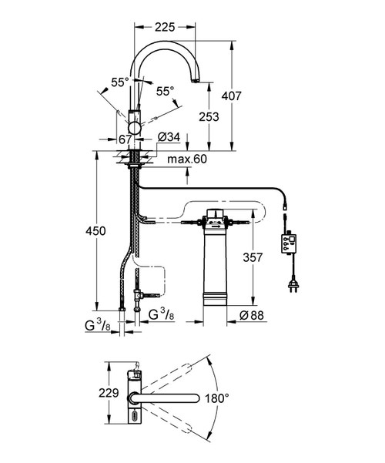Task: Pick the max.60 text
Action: click(x=186, y=159)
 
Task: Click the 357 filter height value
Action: click(x=257, y=257)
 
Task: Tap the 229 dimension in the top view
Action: click(x=108, y=393)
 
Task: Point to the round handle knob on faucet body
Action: click(x=135, y=126)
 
